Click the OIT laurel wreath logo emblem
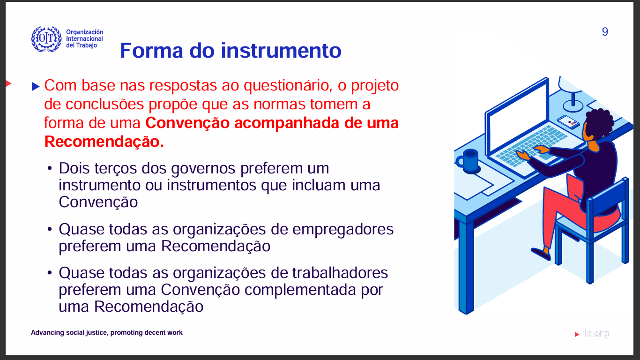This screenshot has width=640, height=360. click(46, 39)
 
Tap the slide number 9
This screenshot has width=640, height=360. click(605, 32)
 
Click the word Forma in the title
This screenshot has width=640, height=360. click(151, 51)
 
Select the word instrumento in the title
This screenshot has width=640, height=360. click(281, 51)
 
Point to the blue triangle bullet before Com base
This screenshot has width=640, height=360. click(36, 86)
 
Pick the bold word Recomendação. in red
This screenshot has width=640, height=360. click(104, 142)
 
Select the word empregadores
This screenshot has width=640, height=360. click(343, 230)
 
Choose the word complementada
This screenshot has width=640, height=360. click(300, 290)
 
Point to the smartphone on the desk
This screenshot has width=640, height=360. click(568, 121)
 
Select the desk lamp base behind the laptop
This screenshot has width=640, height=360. click(573, 106)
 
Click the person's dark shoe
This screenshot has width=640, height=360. click(541, 254)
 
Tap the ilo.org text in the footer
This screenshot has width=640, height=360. click(595, 333)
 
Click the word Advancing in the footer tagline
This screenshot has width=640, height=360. click(47, 332)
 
